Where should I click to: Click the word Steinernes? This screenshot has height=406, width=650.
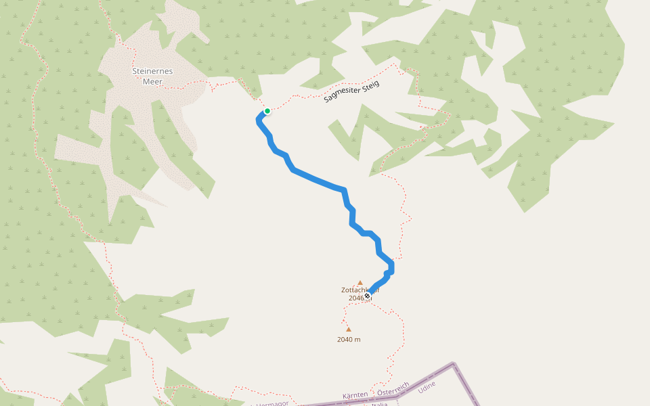coord(152,70)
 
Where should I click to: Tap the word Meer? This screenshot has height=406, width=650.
coord(152,81)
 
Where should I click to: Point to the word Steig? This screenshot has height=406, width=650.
coord(371,85)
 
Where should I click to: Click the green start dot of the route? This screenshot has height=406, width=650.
coord(267,111)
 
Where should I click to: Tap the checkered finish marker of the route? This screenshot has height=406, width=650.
coord(367,296)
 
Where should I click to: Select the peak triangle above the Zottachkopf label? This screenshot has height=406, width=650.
coord(360,283)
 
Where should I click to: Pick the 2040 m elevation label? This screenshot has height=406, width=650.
coord(349,340)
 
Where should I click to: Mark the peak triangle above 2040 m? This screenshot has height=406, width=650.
coord(349,330)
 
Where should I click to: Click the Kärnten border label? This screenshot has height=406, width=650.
coord(355,394)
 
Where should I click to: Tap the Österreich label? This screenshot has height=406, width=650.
coord(393,389)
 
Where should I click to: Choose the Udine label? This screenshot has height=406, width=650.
coord(427,386)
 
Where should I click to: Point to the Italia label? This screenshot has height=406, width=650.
coord(380,404)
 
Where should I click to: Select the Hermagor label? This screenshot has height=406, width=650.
coord(272,403)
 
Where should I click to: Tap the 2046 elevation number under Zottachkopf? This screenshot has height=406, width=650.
coord(356,298)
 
